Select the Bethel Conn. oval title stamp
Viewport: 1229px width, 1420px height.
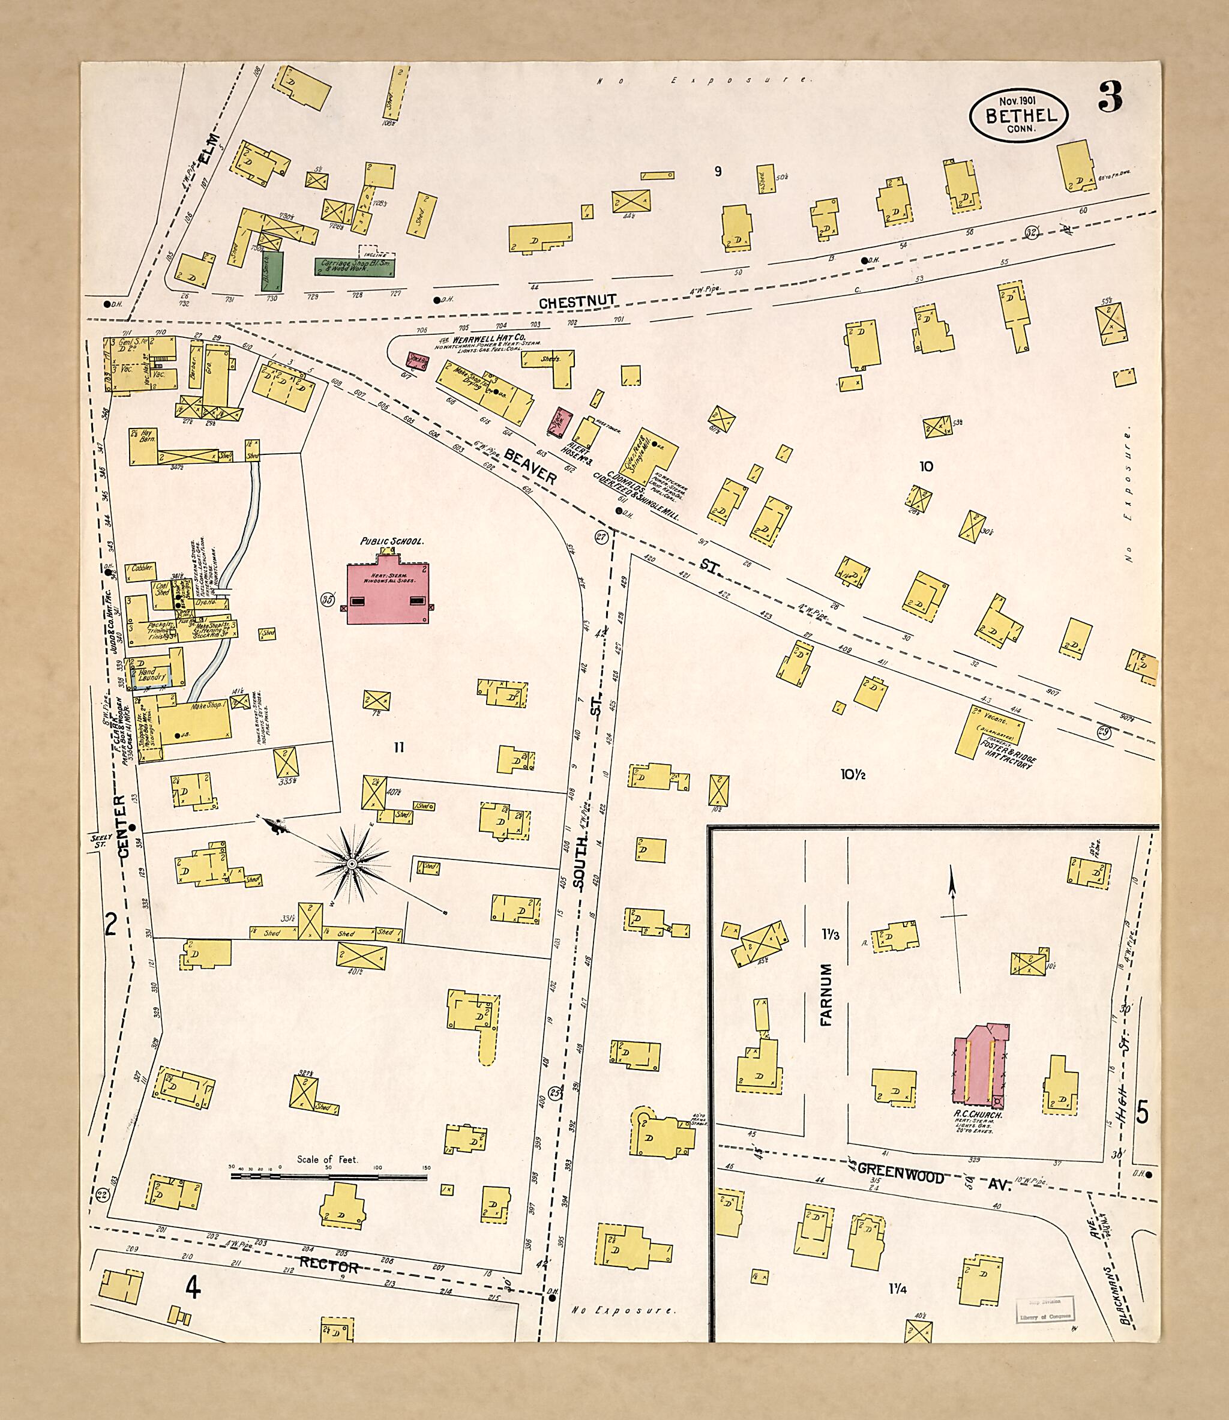(x=1018, y=115)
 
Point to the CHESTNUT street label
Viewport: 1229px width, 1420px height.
(x=577, y=301)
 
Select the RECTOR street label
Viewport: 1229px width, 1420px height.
(x=328, y=1266)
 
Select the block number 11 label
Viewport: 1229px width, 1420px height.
(x=398, y=748)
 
